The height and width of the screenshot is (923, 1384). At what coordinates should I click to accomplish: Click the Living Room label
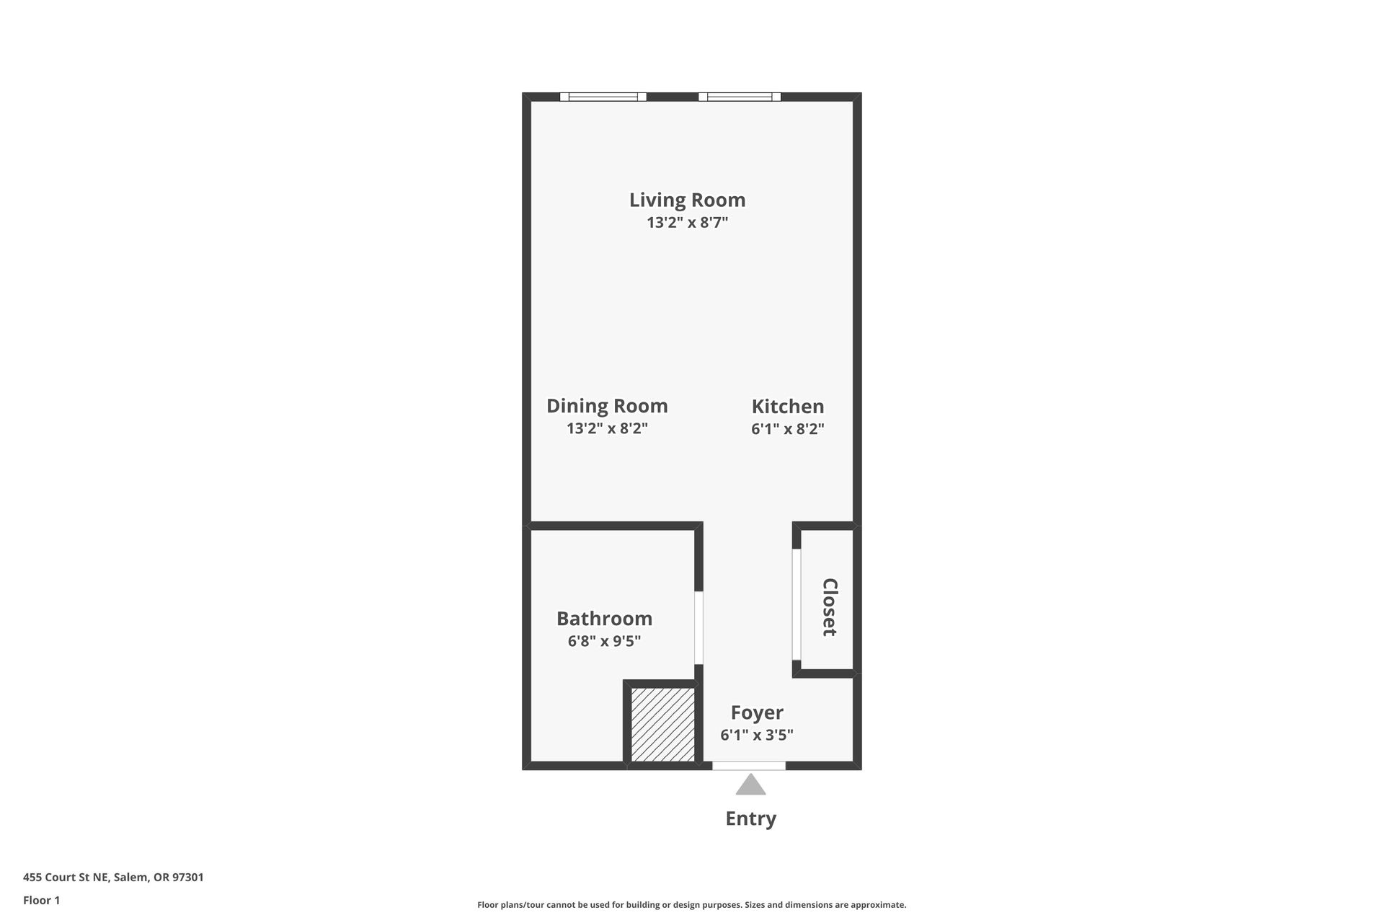[x=687, y=200]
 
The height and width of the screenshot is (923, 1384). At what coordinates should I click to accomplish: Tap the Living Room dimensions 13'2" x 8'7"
[x=687, y=222]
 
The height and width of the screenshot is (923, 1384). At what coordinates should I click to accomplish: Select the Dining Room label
[x=607, y=406]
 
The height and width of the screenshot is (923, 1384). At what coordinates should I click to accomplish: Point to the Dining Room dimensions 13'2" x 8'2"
[x=607, y=428]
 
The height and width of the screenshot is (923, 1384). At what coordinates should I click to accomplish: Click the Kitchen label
[x=788, y=406]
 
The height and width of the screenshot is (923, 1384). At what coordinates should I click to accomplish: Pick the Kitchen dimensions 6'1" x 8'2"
[x=788, y=428]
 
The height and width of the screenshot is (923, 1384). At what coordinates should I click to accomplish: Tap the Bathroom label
[x=604, y=619]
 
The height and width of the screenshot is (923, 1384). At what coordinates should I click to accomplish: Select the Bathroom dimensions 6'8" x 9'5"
[x=604, y=641]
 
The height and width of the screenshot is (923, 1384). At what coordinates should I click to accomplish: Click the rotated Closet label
[x=830, y=607]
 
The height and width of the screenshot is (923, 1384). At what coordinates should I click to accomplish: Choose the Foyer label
[x=757, y=712]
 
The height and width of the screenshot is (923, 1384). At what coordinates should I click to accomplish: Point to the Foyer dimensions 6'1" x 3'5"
[x=757, y=735]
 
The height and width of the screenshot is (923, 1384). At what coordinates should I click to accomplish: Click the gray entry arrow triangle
[x=750, y=785]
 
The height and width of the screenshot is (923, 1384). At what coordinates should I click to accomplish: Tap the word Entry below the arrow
[x=750, y=818]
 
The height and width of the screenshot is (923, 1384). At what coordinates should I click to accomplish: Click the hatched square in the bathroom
[x=663, y=724]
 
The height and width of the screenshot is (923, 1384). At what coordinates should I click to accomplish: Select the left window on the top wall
[x=603, y=97]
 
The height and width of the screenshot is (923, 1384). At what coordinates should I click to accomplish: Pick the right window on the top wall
[x=740, y=97]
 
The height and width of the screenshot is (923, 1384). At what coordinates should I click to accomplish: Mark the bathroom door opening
[x=698, y=628]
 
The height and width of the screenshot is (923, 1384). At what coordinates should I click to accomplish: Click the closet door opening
[x=797, y=605]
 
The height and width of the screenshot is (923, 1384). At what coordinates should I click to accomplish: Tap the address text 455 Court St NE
[x=66, y=878]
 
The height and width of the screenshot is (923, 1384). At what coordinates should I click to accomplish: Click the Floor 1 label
[x=42, y=900]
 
